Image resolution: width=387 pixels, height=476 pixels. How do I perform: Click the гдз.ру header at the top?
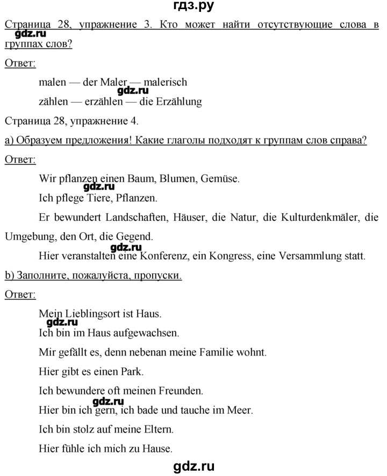(193, 7)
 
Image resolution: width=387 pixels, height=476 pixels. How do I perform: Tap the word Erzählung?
(175, 102)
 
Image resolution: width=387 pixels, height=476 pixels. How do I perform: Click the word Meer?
(240, 410)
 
